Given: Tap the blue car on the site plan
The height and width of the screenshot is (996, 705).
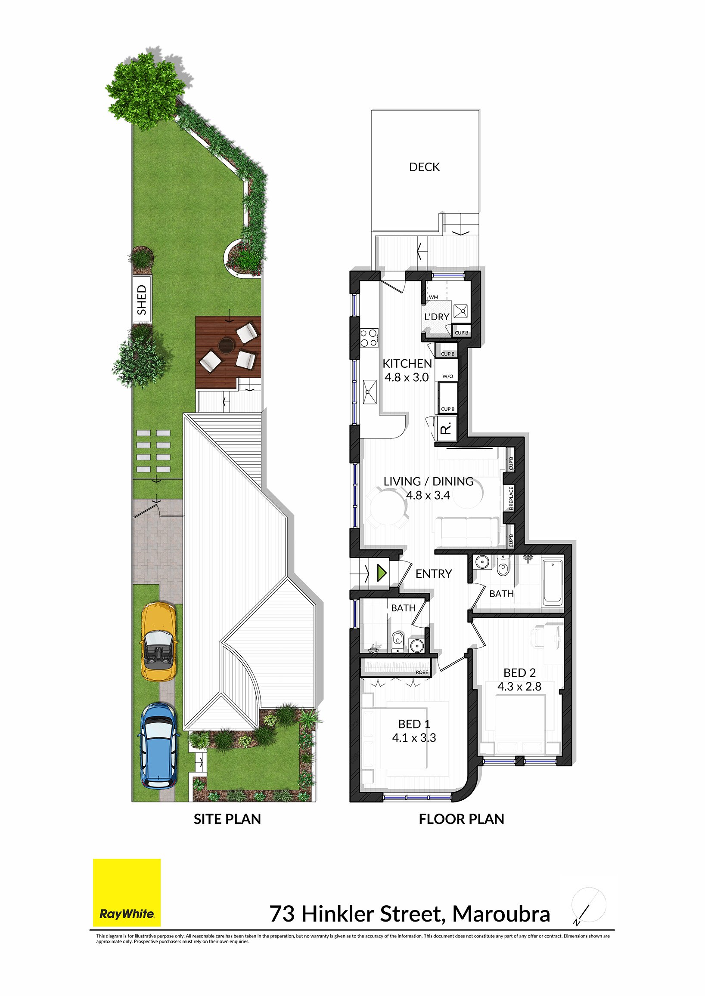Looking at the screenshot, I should [x=158, y=746].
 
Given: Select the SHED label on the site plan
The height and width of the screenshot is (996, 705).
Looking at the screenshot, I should [x=142, y=300].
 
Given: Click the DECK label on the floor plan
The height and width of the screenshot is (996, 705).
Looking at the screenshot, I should [x=424, y=167].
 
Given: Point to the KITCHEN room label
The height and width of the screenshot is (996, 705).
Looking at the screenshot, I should [x=407, y=364].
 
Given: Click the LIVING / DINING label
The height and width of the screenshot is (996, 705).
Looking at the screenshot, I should [x=428, y=481].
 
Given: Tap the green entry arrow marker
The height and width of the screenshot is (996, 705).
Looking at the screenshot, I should [x=382, y=574].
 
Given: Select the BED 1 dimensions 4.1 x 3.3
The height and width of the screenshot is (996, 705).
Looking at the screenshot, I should [x=414, y=738].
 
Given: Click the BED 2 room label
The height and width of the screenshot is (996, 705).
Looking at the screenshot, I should [x=519, y=673].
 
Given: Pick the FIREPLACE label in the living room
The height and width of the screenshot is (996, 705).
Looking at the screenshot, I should [x=511, y=499].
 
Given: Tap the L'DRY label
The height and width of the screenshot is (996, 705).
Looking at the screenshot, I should [x=436, y=317].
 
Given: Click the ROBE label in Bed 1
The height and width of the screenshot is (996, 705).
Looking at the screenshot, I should [x=422, y=672].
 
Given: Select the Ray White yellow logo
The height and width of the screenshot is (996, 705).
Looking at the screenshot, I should [x=127, y=892].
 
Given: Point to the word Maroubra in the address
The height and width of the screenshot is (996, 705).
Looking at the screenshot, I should [x=501, y=914].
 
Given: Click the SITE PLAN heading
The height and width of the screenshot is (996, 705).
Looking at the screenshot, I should [x=227, y=819].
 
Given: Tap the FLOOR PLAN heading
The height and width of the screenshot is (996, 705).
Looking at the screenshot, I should [x=461, y=819].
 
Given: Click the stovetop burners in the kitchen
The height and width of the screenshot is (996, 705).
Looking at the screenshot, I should [x=368, y=338].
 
